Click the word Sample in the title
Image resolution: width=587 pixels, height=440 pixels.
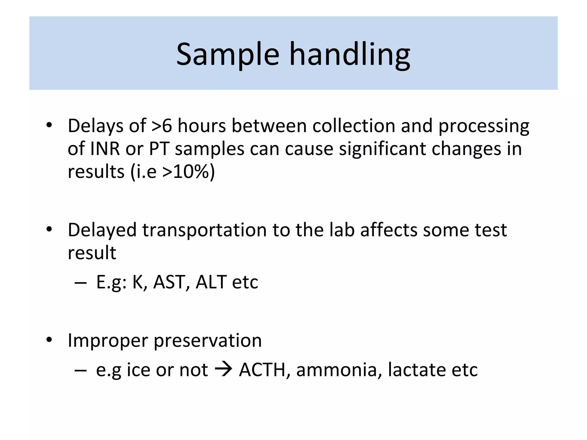[x=228, y=54]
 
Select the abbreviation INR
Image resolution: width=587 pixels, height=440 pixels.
[x=105, y=149]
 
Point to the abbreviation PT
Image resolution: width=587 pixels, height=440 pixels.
[x=159, y=149]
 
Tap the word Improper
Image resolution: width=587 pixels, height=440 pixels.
[x=107, y=341]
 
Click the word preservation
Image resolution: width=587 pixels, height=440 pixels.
[x=208, y=341]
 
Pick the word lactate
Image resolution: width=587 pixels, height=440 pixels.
[x=417, y=370]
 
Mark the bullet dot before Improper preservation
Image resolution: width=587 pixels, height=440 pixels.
[x=49, y=340]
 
